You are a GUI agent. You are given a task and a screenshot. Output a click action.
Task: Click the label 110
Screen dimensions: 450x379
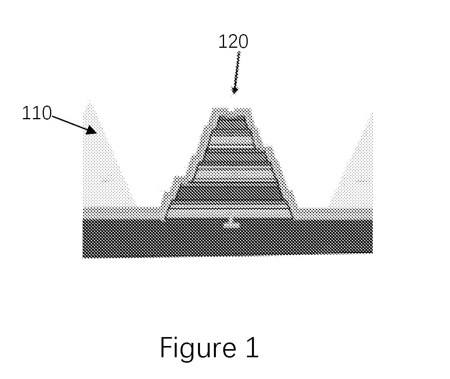pos(37,113)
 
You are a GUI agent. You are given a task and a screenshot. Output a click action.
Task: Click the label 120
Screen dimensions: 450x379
pos(233,42)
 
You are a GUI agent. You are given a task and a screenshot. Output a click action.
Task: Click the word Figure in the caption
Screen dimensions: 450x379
pos(198,348)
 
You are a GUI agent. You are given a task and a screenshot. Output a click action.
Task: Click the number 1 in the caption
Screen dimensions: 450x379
pos(252,347)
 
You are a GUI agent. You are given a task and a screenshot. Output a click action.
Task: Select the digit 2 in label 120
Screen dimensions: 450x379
pos(233,42)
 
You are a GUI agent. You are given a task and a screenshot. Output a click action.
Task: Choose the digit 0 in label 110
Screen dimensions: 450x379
pos(46,113)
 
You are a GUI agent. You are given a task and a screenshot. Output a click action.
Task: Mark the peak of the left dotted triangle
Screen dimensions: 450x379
pos(90,101)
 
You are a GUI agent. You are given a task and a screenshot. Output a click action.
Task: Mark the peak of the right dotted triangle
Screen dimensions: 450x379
pos(372,113)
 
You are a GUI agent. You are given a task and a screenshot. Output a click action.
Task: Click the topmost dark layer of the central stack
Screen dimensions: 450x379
pos(232,122)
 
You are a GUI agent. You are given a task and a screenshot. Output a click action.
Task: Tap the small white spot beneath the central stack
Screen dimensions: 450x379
pos(231,223)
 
